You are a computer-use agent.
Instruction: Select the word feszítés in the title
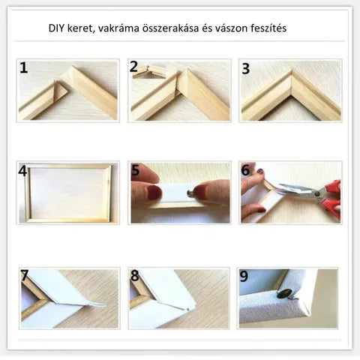coord(264,28)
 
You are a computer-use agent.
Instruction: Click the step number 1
coord(24,68)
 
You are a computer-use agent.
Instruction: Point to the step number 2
coord(133,67)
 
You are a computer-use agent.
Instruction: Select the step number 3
coord(245,68)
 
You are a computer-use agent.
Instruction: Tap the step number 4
coord(23,171)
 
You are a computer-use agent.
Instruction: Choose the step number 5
coord(135,171)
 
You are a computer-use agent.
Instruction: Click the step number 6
coord(245,171)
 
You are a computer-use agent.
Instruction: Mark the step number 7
coord(24,275)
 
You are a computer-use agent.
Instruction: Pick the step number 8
coord(135,275)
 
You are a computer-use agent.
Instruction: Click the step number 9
coord(245,275)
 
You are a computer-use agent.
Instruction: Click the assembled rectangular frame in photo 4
coord(67,193)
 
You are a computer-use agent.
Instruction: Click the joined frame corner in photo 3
coord(290,77)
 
